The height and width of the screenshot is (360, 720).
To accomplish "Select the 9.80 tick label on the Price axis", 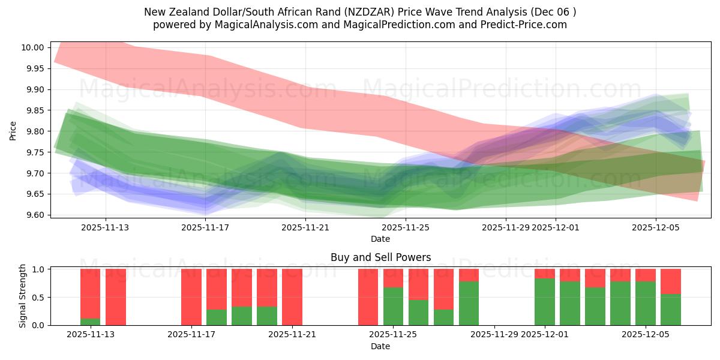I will [34, 131].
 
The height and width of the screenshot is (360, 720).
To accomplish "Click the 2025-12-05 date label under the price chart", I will [655, 227].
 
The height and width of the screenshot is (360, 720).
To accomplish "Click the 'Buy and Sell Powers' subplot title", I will [380, 257].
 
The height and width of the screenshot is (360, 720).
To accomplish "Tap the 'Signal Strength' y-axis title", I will [22, 296].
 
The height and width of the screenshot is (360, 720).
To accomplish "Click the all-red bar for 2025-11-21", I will [292, 297].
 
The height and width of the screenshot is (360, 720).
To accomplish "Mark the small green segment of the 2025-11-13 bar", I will [91, 322].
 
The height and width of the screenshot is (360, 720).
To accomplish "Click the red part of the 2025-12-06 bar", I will [671, 281].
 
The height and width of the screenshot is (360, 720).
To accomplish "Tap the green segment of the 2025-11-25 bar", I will [393, 306].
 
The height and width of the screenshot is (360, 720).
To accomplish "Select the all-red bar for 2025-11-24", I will [368, 297].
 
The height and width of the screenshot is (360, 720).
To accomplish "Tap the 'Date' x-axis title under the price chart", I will [380, 239].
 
